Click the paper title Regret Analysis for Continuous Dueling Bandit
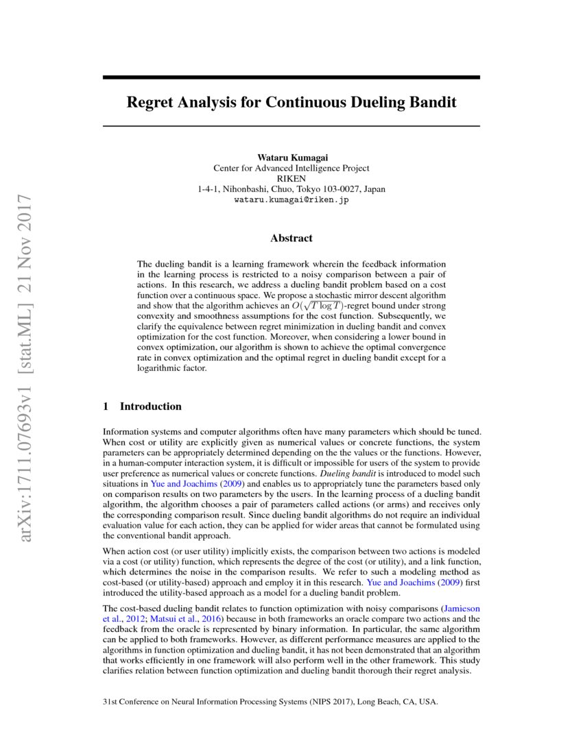pos(291,103)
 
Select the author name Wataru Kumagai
pos(291,157)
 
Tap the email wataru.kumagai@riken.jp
pos(291,200)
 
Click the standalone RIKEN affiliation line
pos(291,178)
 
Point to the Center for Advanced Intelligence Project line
pos(291,168)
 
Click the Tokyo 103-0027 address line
pos(291,189)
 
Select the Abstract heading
pos(291,239)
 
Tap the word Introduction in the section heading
pos(151,406)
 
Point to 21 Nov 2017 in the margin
pos(28,253)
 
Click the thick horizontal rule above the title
pos(291,78)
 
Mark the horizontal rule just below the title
pos(291,126)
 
